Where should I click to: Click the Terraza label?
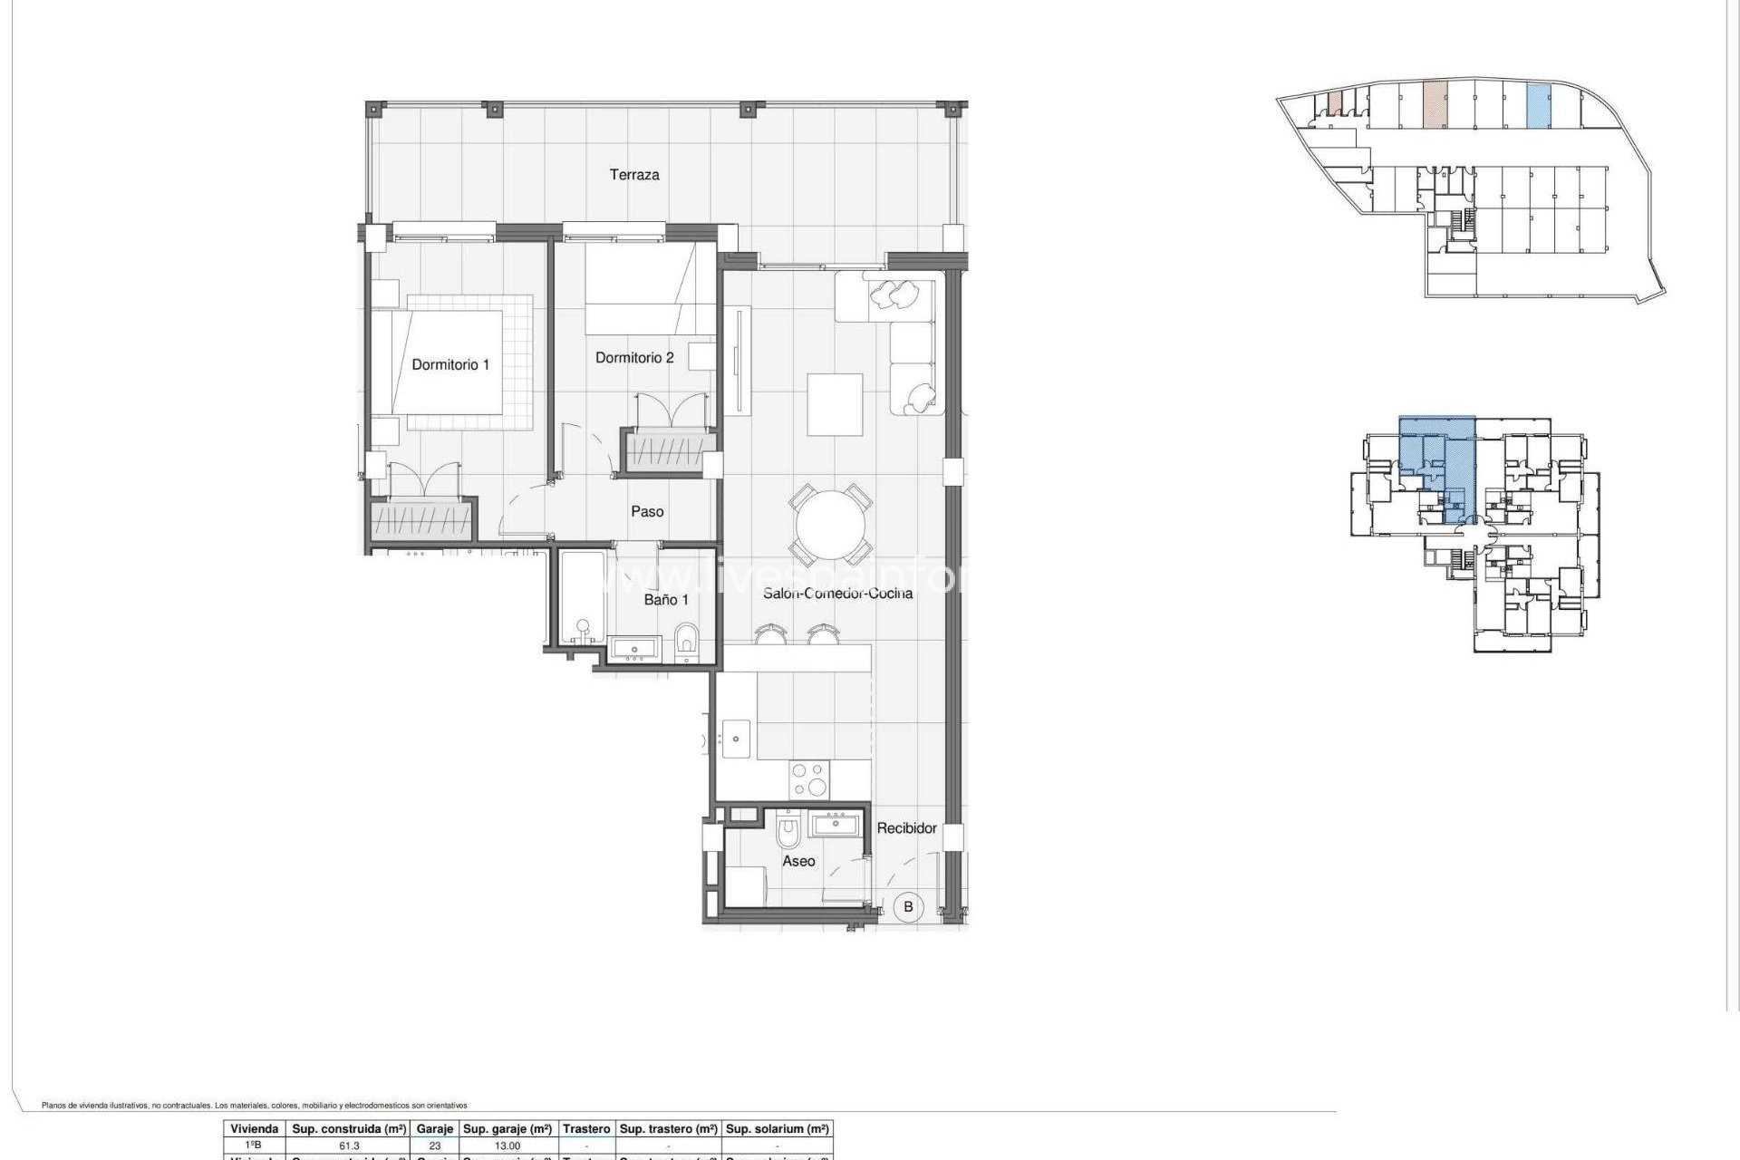coord(633,175)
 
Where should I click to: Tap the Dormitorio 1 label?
coord(450,364)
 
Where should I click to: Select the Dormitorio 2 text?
coord(634,358)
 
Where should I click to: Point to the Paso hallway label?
coord(647,512)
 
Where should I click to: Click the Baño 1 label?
coord(666,600)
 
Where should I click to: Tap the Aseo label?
coord(798,861)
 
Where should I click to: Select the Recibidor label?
coord(906,828)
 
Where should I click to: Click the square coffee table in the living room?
coord(835,404)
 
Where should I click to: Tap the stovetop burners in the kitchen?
coord(809,779)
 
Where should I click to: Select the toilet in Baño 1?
coord(687,642)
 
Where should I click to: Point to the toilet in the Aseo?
coord(788,827)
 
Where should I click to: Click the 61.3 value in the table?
coord(349,1145)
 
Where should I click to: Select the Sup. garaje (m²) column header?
coord(507,1129)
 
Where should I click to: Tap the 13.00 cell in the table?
coord(506,1145)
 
